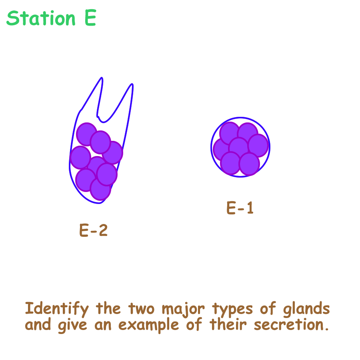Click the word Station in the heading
click(x=41, y=18)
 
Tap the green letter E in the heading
click(x=90, y=18)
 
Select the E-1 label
click(x=240, y=208)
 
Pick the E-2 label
click(x=93, y=230)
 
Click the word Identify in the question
click(x=57, y=309)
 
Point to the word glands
click(x=306, y=309)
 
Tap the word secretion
click(x=291, y=325)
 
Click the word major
click(x=183, y=309)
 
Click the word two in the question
click(x=141, y=309)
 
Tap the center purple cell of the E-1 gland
click(x=239, y=147)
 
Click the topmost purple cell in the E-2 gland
click(x=87, y=134)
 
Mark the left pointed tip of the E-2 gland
click(x=102, y=78)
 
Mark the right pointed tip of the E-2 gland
click(x=132, y=84)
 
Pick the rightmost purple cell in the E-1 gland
click(x=258, y=145)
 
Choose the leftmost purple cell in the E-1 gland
click(x=222, y=149)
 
